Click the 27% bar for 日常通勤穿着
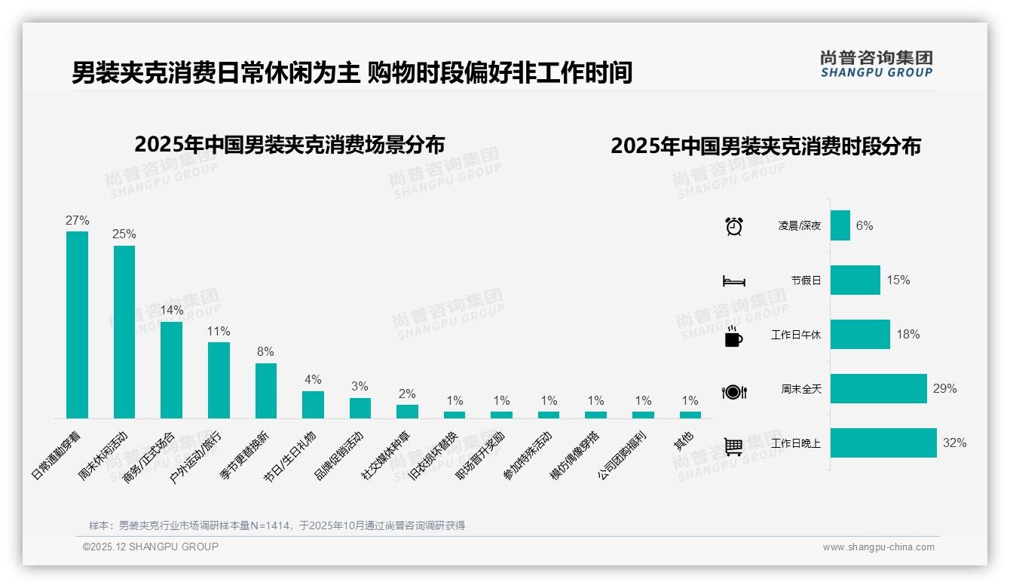pos(77,324)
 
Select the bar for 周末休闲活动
pos(124,332)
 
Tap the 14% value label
pos(172,311)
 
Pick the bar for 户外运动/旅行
pos(219,380)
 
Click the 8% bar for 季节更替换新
pos(266,390)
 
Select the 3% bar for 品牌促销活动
pos(360,408)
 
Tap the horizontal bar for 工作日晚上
pos(883,443)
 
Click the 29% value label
pos(944,389)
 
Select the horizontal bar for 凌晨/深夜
pos(840,225)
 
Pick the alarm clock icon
pos(734,225)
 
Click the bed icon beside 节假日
pos(734,280)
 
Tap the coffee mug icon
pos(733,335)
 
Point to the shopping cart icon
pos(733,446)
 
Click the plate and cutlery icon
pos(734,391)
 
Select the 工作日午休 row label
pos(796,335)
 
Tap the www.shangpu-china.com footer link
pos(878,547)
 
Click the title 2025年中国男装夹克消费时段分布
pos(766,146)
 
